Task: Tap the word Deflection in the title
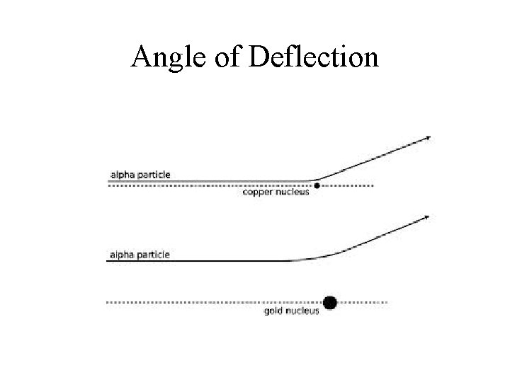coord(314,56)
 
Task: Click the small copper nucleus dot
coord(317,186)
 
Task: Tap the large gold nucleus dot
coord(329,302)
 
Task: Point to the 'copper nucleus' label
coord(276,192)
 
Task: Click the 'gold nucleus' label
coord(291,311)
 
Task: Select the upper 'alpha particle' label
coord(140,175)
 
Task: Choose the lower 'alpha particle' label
coord(140,254)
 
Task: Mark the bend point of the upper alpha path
coord(314,180)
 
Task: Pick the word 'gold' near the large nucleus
coord(273,311)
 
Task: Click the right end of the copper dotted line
coord(373,186)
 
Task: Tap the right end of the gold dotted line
coord(387,302)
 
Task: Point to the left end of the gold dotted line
coord(108,302)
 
